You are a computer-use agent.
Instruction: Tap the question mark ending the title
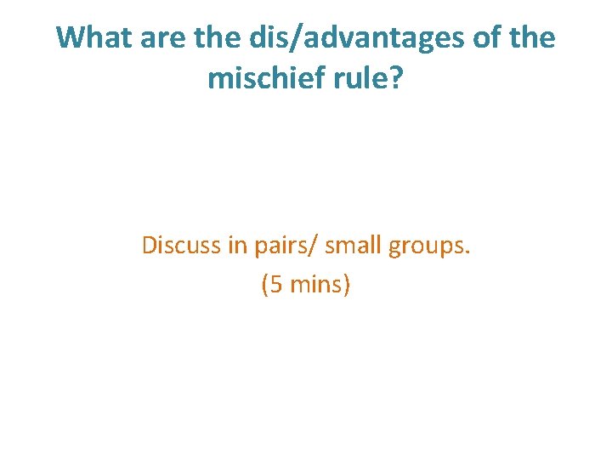pyautogui.click(x=397, y=78)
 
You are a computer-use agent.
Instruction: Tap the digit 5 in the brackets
pyautogui.click(x=277, y=286)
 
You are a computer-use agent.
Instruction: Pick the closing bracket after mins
pyautogui.click(x=346, y=286)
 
